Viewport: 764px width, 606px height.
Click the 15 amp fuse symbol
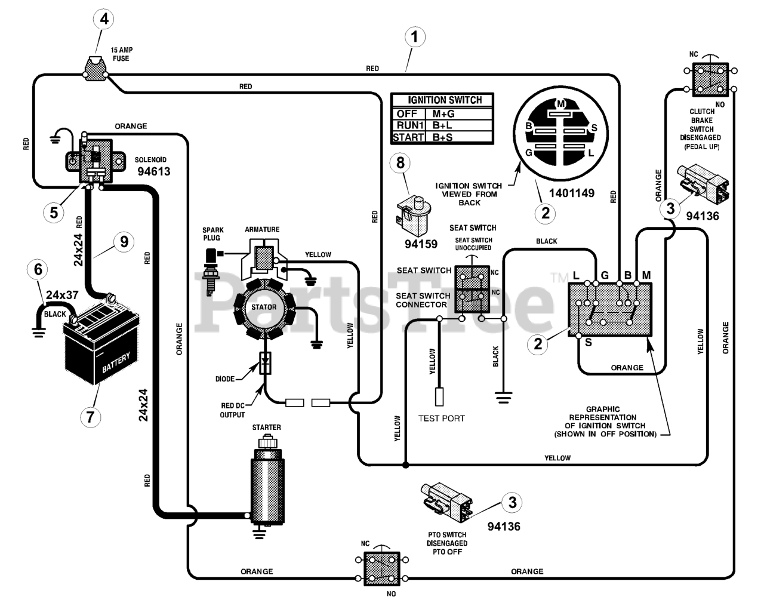[95, 68]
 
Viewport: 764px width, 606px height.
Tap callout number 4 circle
[104, 19]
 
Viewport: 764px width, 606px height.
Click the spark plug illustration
[210, 272]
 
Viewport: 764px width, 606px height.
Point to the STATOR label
[264, 307]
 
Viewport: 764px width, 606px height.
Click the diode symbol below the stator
[265, 363]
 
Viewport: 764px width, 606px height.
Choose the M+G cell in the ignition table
[443, 113]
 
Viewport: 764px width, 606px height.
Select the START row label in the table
[408, 137]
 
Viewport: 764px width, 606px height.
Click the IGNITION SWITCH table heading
[445, 100]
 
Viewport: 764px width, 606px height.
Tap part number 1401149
[572, 193]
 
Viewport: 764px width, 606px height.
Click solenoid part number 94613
[154, 171]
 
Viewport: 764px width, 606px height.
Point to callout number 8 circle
[400, 163]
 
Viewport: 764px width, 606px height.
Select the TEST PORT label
[442, 419]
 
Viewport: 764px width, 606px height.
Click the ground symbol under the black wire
[503, 398]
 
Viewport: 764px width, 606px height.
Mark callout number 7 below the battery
[91, 417]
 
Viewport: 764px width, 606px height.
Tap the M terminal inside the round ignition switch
[560, 104]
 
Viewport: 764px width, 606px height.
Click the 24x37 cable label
[62, 295]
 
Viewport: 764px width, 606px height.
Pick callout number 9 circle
[124, 242]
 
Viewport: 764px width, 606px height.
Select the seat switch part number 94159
[421, 244]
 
